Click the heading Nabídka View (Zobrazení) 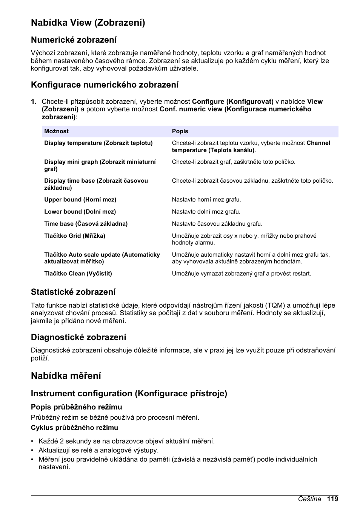[x=88, y=23]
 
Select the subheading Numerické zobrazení [x=74, y=40]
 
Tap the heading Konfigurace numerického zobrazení [x=105, y=85]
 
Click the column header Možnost [x=56, y=131]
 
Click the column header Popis [x=180, y=131]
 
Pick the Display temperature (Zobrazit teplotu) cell [x=98, y=143]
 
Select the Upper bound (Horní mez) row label [x=80, y=200]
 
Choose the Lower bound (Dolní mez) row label [x=80, y=212]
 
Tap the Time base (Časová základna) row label [x=86, y=224]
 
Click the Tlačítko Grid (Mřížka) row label [x=75, y=236]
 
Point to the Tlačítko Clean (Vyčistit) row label [x=78, y=274]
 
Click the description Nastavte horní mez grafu [x=206, y=200]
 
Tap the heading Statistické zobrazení [x=73, y=292]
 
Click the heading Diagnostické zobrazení [x=78, y=337]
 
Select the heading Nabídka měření [x=66, y=376]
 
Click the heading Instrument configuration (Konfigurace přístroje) [x=129, y=394]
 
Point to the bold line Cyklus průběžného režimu [x=74, y=428]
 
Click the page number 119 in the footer [x=332, y=499]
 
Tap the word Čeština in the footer [x=309, y=499]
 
